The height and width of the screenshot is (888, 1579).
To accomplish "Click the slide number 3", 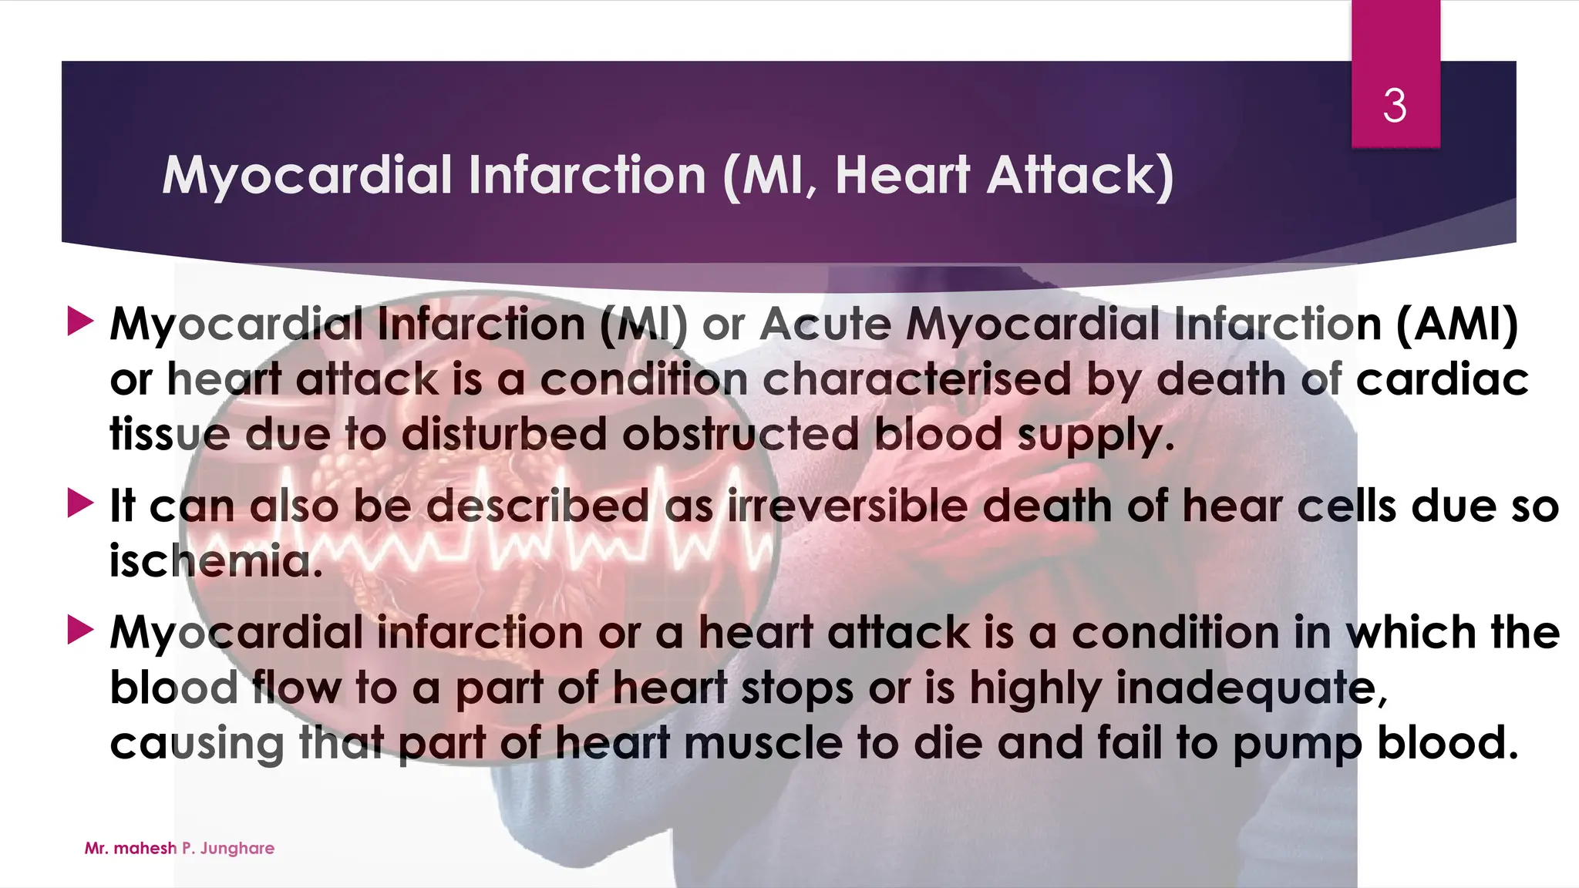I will (1394, 106).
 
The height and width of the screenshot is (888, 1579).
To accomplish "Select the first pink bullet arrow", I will (80, 321).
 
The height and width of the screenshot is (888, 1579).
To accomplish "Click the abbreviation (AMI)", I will (1456, 324).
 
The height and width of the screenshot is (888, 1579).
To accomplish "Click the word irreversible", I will (846, 506).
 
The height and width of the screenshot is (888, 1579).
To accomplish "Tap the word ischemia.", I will (215, 561).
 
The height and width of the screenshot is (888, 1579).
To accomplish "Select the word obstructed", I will (740, 435).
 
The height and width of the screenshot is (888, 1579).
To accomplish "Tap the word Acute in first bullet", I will (825, 324).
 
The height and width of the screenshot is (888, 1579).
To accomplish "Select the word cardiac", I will (1442, 379).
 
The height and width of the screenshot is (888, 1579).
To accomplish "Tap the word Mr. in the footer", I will (96, 849).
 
